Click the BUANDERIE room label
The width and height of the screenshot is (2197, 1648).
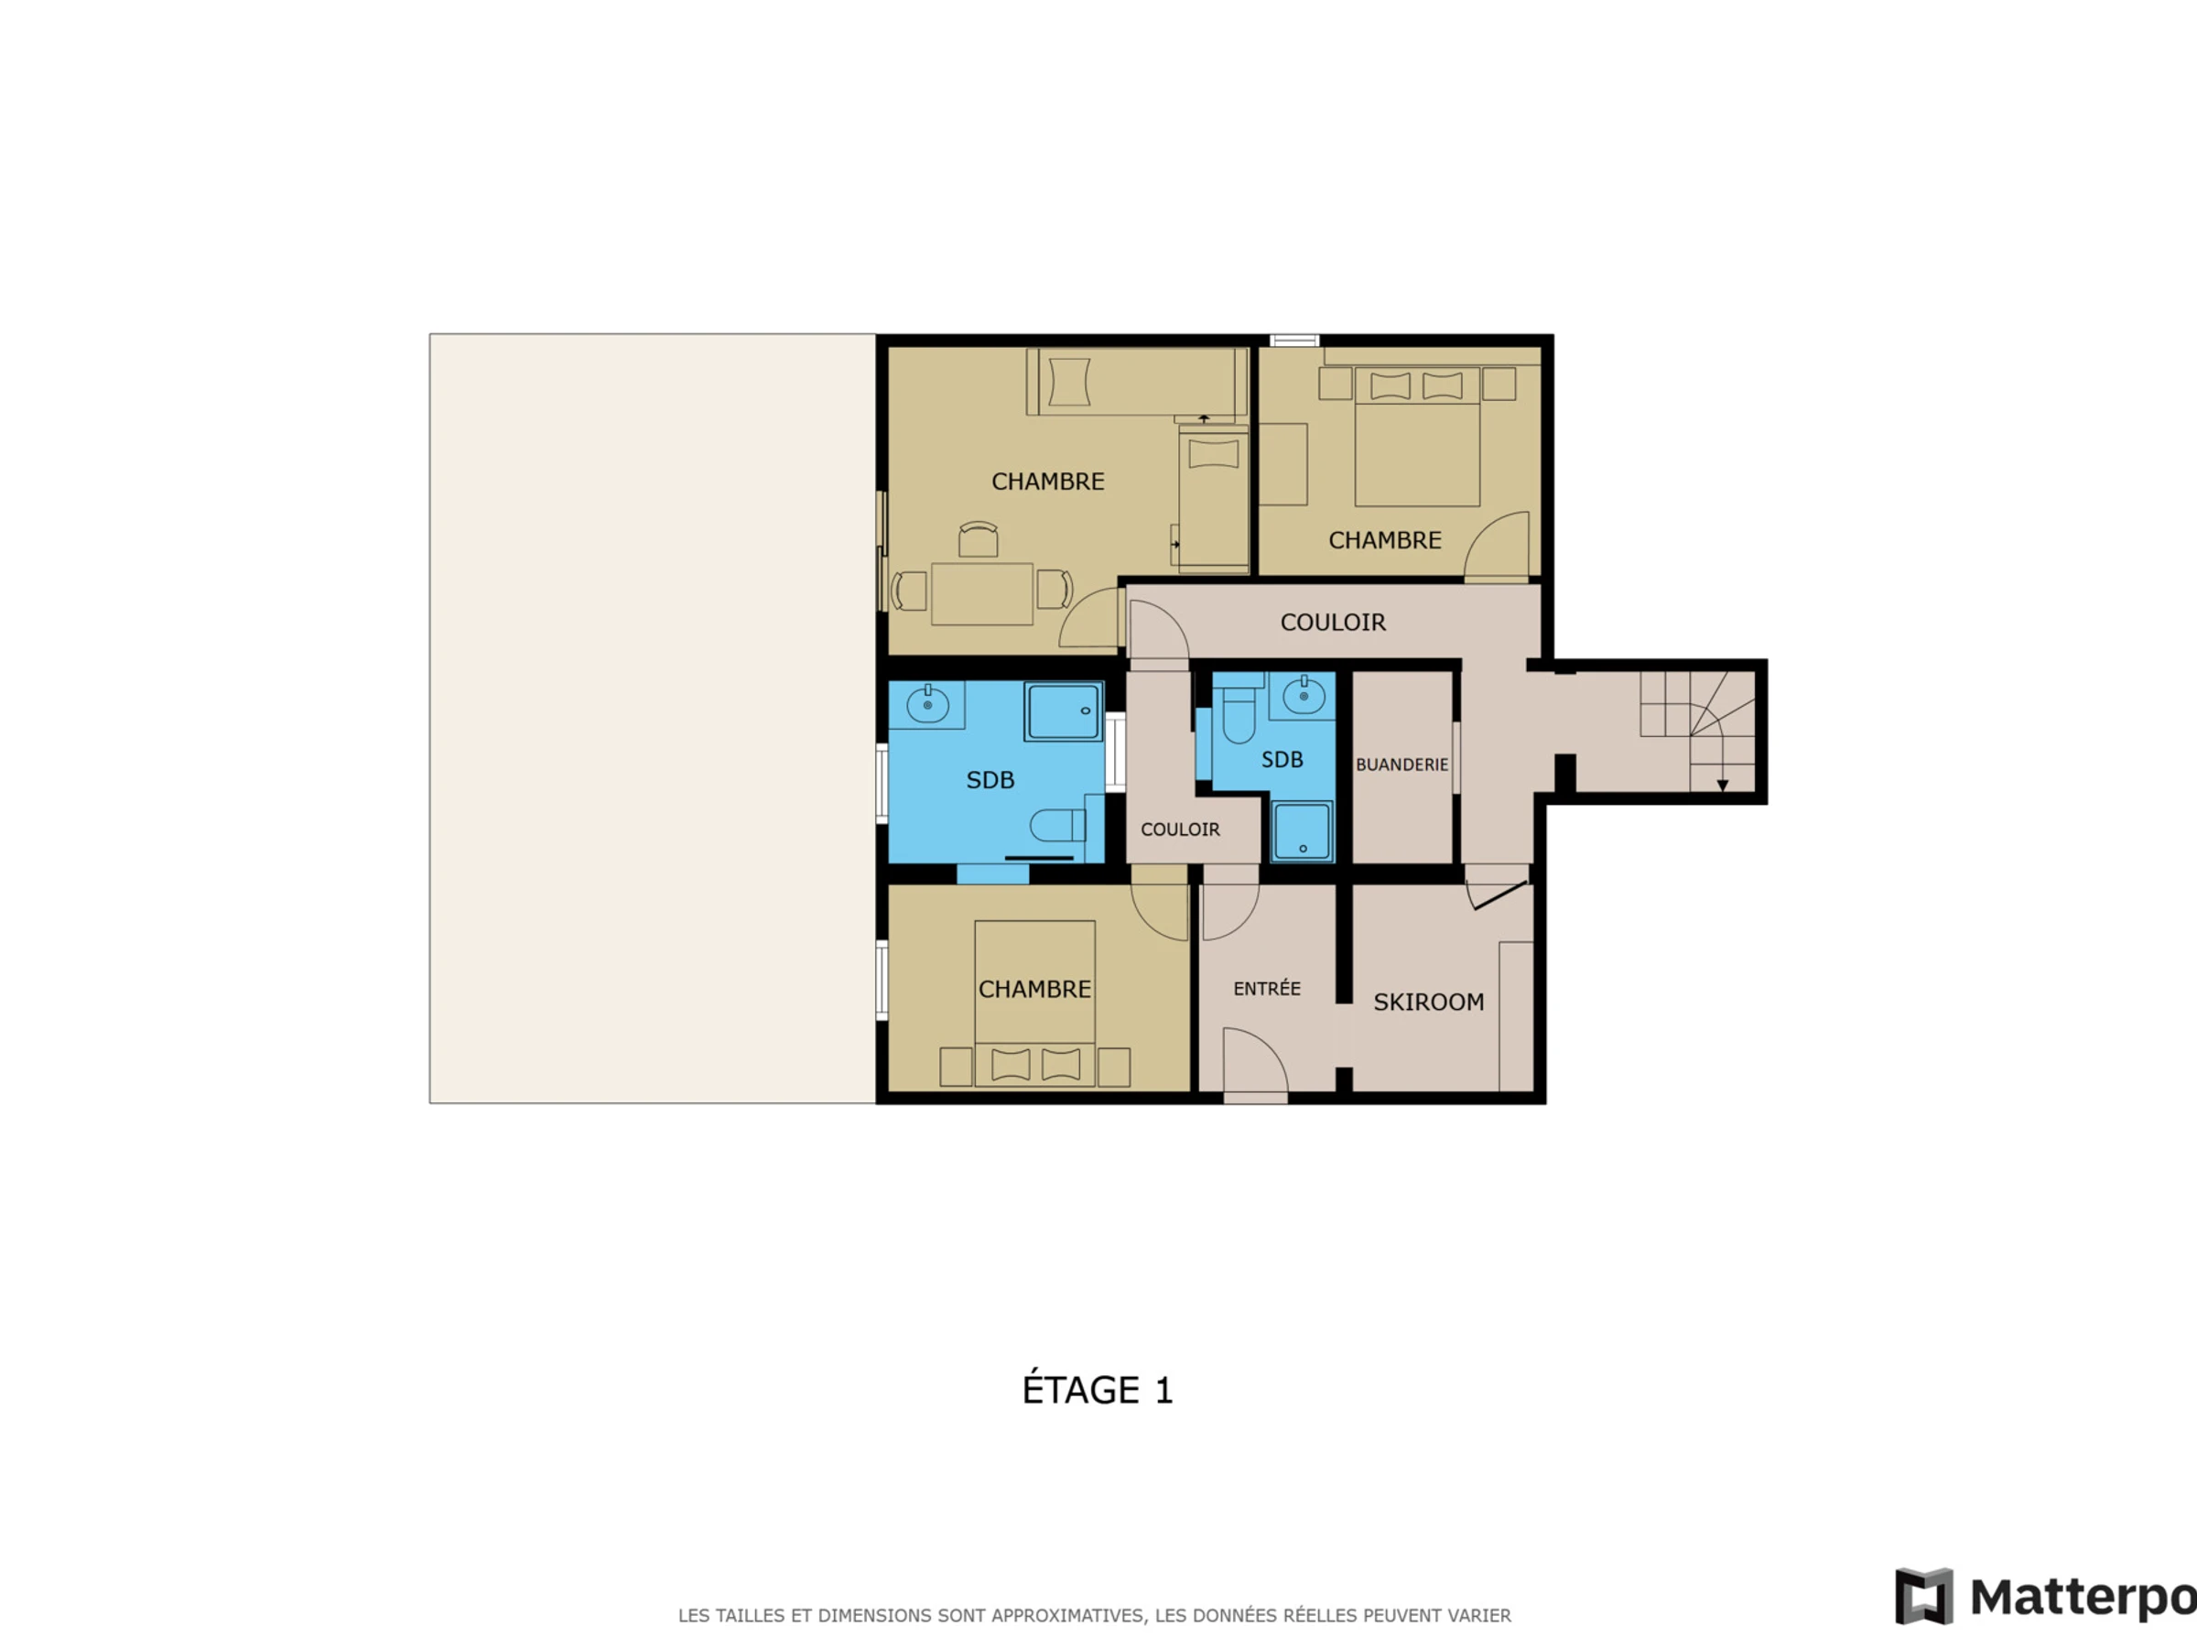click(x=1402, y=764)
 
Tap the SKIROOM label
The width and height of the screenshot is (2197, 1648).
click(x=1428, y=1003)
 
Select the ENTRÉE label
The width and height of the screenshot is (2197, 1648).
click(x=1266, y=989)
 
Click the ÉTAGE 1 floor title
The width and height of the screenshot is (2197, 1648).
click(x=1098, y=1389)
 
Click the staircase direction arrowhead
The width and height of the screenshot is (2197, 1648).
click(x=1722, y=786)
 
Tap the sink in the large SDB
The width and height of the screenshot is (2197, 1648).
click(x=926, y=705)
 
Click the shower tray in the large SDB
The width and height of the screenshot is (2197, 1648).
click(x=1063, y=711)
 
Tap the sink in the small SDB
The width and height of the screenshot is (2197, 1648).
click(x=1304, y=697)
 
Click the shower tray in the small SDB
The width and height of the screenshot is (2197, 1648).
click(x=1302, y=831)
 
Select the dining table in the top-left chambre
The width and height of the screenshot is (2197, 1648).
click(x=981, y=594)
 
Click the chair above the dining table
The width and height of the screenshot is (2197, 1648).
click(x=978, y=539)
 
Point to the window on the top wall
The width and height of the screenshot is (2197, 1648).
click(x=1294, y=341)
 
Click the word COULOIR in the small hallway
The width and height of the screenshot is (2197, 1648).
click(x=1180, y=829)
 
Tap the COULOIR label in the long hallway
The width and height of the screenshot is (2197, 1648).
click(x=1333, y=623)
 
